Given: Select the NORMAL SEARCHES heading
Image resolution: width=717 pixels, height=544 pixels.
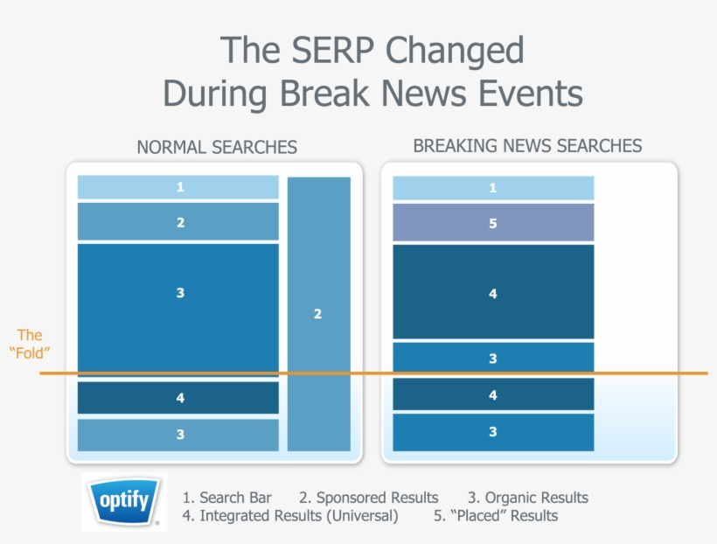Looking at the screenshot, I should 217,147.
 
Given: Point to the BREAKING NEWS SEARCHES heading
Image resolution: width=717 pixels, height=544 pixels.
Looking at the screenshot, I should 527,145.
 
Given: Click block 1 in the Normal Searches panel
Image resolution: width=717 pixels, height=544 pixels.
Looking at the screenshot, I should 178,187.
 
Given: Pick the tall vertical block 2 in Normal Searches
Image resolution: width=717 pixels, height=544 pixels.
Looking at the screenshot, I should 318,314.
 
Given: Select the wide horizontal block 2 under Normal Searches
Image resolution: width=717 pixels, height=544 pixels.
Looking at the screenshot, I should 178,222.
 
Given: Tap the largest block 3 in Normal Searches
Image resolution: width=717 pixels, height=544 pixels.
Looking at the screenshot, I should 178,293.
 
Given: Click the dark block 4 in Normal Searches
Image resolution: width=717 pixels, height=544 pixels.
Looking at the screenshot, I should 178,398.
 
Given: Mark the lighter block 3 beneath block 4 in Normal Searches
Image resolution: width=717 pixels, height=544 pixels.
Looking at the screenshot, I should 178,435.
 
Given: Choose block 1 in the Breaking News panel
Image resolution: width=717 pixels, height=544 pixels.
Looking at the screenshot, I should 493,188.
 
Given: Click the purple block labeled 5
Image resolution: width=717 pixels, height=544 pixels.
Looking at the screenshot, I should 493,223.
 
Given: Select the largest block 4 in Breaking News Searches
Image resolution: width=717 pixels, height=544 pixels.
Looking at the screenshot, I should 493,293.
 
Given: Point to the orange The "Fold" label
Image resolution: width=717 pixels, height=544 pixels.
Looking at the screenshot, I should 30,344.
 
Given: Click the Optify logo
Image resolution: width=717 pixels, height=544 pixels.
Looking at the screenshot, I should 123,502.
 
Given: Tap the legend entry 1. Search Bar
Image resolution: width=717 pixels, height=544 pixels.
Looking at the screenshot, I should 227,498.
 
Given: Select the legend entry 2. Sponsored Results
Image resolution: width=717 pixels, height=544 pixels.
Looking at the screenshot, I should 368,498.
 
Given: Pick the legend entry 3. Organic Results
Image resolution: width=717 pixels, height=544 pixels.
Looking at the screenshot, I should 527,498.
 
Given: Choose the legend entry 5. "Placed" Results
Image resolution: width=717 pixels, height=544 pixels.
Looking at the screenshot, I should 495,516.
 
